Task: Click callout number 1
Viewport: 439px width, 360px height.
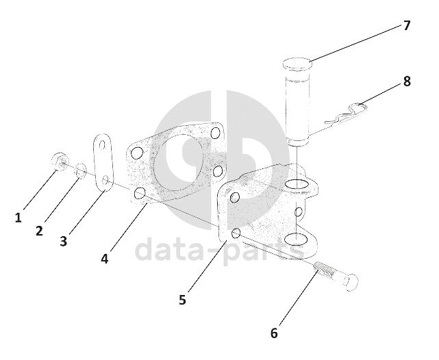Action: [x=18, y=218]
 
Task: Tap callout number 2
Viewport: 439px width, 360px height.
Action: [x=39, y=231]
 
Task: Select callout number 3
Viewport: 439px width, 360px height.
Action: [x=64, y=241]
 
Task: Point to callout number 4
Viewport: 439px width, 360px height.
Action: [x=104, y=259]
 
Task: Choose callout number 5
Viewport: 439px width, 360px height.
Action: [x=182, y=300]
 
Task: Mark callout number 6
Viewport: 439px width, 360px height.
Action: [x=274, y=333]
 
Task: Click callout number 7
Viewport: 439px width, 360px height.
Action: [x=407, y=25]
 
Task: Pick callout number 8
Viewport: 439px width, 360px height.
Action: [x=407, y=81]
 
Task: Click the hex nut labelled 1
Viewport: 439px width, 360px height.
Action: [x=60, y=162]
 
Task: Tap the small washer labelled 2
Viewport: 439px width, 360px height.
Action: [x=81, y=171]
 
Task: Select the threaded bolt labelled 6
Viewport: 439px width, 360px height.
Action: [x=337, y=276]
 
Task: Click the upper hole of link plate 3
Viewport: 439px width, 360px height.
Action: [x=102, y=144]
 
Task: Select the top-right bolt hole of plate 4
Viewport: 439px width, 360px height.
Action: [x=215, y=133]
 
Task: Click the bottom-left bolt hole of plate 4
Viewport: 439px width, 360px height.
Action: [x=140, y=194]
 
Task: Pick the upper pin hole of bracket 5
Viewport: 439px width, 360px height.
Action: [x=297, y=184]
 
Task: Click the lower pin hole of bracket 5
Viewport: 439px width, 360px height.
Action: [x=296, y=239]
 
